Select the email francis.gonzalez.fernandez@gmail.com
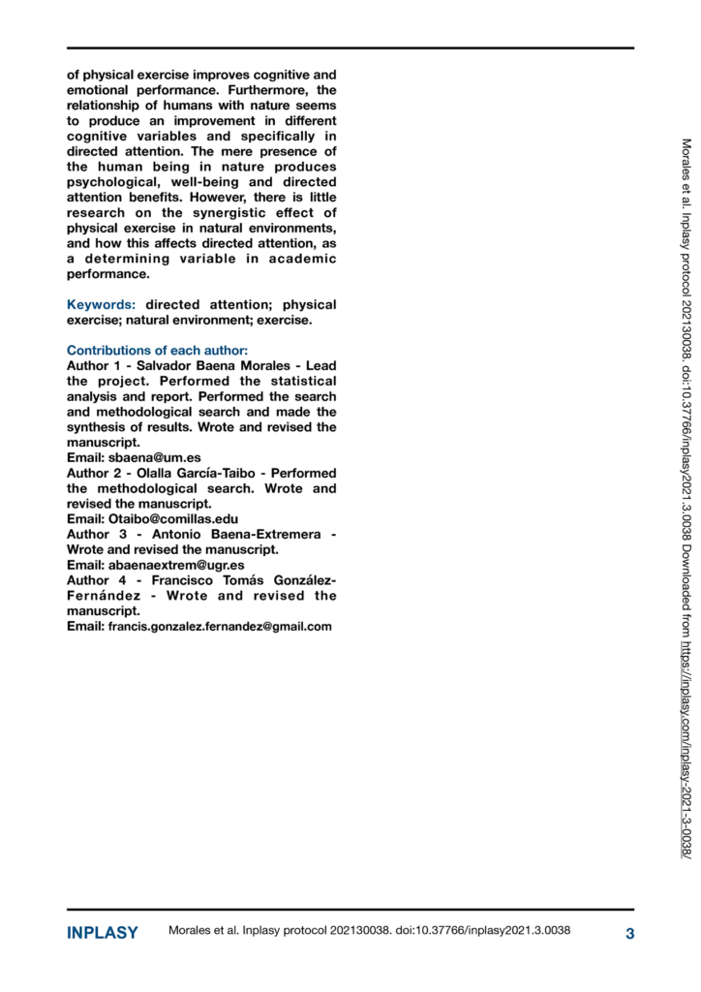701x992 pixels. [x=220, y=627]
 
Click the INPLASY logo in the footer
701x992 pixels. [x=102, y=934]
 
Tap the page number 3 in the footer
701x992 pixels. [x=629, y=934]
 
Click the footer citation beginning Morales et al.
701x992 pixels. [x=369, y=932]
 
